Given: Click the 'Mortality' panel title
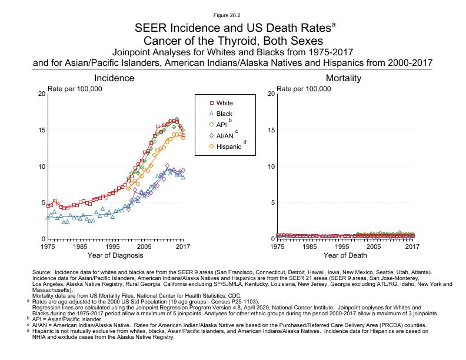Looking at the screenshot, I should coord(344,78).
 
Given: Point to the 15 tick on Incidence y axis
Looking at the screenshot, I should coord(41,130).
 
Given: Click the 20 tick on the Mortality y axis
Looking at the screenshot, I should coord(270,94).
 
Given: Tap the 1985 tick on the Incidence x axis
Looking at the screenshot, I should coord(80,246).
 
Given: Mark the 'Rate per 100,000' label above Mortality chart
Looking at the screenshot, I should coord(305,88).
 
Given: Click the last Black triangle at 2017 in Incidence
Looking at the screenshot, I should coord(183,177).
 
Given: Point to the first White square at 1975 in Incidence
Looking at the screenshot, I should coord(48,206).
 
